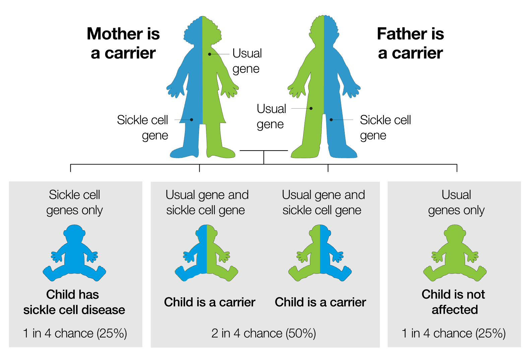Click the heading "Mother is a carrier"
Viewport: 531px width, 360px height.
point(123,43)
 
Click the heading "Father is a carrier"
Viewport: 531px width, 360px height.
point(410,43)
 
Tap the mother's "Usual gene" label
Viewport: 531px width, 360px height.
point(247,61)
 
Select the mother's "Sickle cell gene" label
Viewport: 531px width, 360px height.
point(142,128)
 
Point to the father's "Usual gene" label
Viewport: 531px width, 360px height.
point(271,116)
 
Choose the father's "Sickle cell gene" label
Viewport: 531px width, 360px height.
point(385,128)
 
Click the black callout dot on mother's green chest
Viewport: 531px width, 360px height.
point(210,54)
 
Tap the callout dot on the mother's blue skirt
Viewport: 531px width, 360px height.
point(192,120)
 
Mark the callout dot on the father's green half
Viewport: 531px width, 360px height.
point(311,108)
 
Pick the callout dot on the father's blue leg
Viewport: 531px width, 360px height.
point(331,120)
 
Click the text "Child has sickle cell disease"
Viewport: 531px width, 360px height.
point(74,302)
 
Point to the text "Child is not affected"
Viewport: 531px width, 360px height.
point(454,302)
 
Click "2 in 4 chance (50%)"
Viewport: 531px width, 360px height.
point(264,334)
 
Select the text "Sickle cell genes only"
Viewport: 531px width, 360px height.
point(74,202)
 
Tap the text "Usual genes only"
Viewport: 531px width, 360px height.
point(456,202)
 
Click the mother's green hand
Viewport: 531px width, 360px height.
point(229,91)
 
